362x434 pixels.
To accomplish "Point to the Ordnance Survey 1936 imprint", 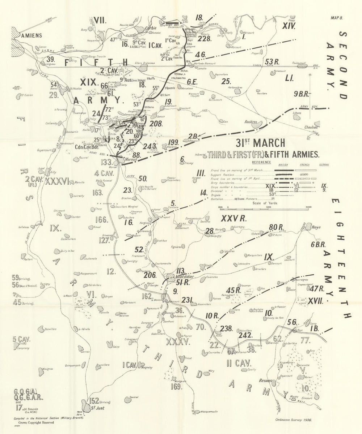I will click(293, 421).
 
